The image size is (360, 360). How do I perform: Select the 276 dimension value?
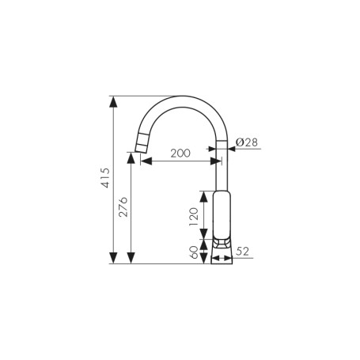click(123, 207)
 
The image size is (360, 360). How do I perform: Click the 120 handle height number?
click(194, 215)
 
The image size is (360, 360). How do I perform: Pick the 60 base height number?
click(194, 252)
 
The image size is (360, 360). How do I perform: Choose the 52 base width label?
click(243, 252)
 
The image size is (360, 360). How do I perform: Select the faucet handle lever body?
click(222, 214)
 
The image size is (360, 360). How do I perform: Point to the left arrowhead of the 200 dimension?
click(145, 161)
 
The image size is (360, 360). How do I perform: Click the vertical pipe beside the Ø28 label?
click(222, 166)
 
